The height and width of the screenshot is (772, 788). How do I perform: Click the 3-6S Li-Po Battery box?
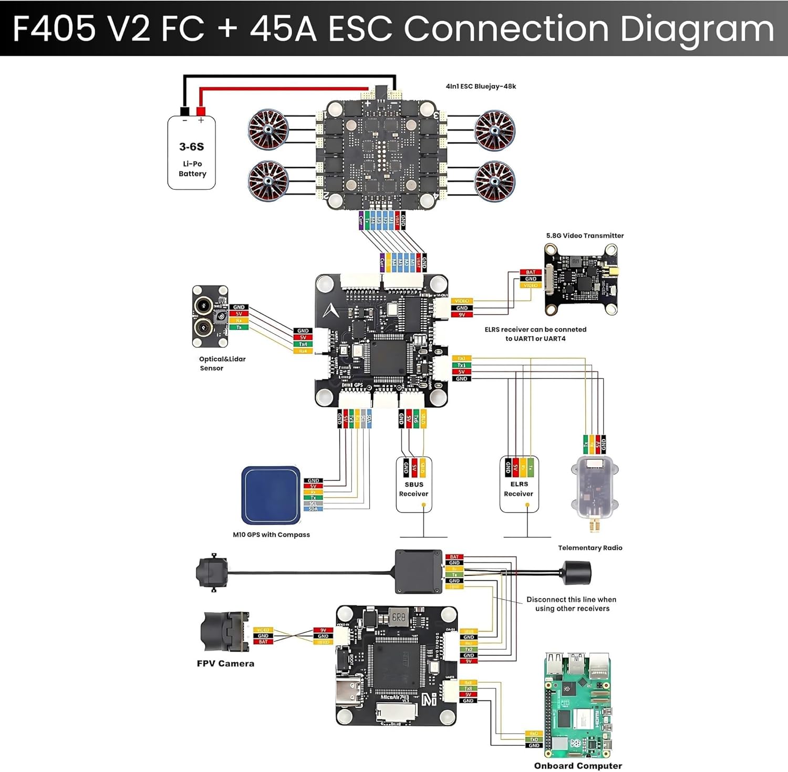191,153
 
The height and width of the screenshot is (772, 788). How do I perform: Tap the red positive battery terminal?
201,111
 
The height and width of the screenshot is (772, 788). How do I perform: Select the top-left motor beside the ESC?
268,129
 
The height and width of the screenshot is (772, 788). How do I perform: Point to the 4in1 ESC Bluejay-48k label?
481,86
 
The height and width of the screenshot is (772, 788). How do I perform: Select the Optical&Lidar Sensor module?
210,316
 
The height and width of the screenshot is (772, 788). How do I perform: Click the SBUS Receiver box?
414,484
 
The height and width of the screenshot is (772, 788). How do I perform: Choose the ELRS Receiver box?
519,484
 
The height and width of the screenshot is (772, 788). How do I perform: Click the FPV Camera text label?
225,664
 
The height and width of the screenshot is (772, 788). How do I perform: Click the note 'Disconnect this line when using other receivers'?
572,604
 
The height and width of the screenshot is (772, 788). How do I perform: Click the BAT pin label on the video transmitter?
531,272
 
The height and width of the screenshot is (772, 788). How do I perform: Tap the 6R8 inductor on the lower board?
399,617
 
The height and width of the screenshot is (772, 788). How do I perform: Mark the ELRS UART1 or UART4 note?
535,334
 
